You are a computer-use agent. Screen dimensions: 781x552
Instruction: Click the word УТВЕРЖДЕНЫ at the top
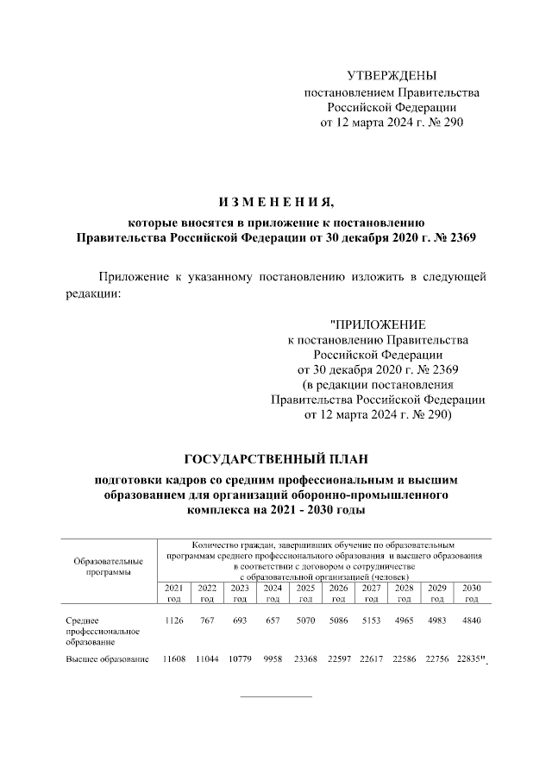pyautogui.click(x=391, y=76)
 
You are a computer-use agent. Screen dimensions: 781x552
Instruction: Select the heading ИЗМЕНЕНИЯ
pyautogui.click(x=275, y=203)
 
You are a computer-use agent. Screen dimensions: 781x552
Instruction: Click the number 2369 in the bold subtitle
pyautogui.click(x=457, y=236)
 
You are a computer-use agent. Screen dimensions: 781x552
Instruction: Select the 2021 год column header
pyautogui.click(x=173, y=593)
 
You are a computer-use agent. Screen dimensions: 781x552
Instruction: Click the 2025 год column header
pyautogui.click(x=305, y=593)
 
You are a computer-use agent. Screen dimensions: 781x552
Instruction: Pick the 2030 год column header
pyautogui.click(x=471, y=593)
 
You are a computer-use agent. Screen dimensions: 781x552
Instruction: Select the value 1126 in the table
pyautogui.click(x=173, y=620)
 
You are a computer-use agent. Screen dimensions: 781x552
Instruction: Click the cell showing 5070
pyautogui.click(x=305, y=620)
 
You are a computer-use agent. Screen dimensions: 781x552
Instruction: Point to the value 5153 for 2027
pyautogui.click(x=371, y=620)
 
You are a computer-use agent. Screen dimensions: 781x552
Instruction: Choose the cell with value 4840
pyautogui.click(x=471, y=620)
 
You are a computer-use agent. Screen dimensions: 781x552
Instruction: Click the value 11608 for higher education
pyautogui.click(x=173, y=660)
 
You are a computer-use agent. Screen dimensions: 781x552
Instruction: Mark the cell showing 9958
pyautogui.click(x=273, y=660)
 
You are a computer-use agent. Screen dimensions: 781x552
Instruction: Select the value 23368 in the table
pyautogui.click(x=305, y=660)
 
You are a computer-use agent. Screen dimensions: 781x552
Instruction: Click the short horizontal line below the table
pyautogui.click(x=275, y=696)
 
